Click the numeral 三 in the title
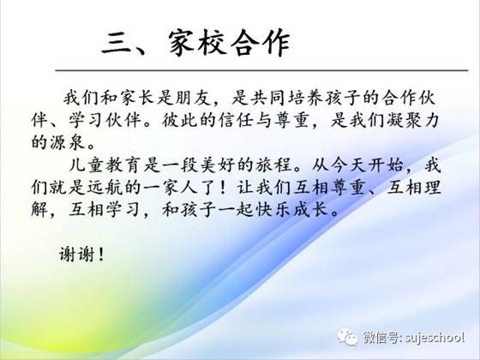(x=117, y=44)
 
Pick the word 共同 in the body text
(x=266, y=98)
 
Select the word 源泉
(x=67, y=142)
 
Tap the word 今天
(x=346, y=165)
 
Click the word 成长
(x=309, y=210)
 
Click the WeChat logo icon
(x=347, y=338)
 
